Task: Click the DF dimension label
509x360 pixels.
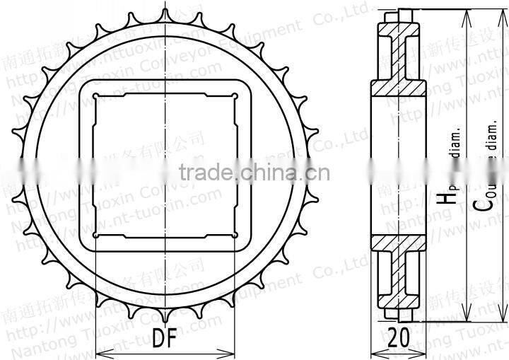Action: pos(164,339)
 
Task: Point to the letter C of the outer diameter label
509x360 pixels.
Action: pos(481,204)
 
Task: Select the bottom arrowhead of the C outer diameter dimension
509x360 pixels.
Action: pos(465,318)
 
